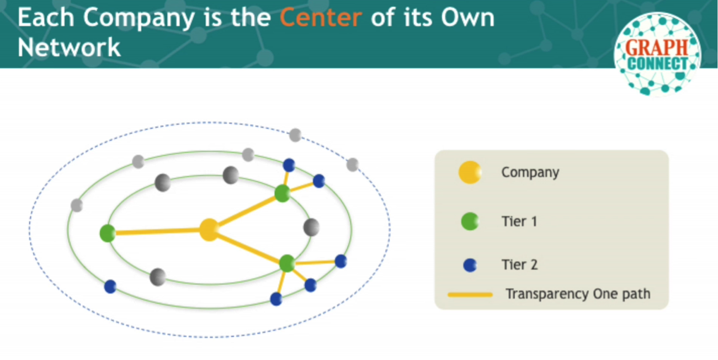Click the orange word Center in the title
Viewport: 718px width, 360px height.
coord(321,18)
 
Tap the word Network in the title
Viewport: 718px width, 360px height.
coord(69,47)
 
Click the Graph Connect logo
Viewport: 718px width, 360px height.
coord(657,54)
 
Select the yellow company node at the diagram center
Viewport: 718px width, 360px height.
coord(209,230)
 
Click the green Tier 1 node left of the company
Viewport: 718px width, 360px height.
coord(108,233)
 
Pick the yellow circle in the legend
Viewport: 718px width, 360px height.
coord(470,172)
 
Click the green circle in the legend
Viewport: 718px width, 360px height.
coord(470,221)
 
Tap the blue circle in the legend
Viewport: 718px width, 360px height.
coord(470,266)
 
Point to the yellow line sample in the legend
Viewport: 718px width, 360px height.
coord(470,295)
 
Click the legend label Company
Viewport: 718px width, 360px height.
coord(530,173)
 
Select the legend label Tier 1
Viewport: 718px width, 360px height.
coord(519,221)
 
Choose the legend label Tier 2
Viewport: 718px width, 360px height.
coord(519,265)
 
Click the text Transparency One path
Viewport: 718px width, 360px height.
coord(578,294)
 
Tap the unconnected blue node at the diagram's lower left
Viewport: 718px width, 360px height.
coord(110,286)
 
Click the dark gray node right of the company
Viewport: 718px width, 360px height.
coord(311,227)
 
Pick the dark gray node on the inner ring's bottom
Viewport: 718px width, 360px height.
coord(158,277)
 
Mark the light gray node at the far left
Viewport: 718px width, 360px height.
coord(77,205)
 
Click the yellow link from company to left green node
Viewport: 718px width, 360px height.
coord(157,231)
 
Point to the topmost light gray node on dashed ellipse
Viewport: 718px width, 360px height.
coord(295,135)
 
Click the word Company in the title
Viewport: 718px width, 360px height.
coord(139,18)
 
